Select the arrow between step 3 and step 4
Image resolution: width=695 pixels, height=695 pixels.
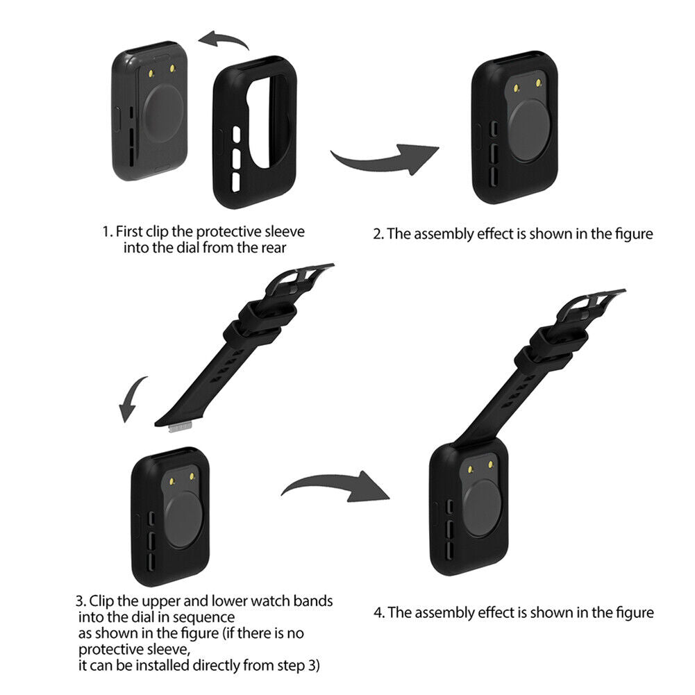tap(337, 486)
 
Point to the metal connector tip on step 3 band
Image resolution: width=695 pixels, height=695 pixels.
tap(180, 427)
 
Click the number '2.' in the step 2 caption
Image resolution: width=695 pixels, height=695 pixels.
tap(378, 234)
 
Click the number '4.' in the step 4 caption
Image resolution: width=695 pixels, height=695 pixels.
tap(379, 612)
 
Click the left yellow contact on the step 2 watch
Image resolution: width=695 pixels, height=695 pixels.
tap(517, 88)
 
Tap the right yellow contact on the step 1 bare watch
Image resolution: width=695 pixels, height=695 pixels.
tap(172, 68)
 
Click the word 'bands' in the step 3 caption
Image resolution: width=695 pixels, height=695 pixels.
tap(313, 601)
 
